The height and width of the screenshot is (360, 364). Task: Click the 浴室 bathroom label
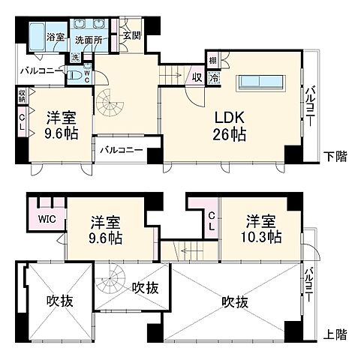(x=55, y=36)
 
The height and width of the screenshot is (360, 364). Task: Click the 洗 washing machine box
(x=75, y=57)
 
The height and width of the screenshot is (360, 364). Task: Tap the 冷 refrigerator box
(x=215, y=76)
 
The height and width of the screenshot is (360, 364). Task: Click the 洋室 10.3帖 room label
(x=261, y=228)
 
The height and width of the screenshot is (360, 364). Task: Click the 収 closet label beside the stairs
(x=196, y=76)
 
